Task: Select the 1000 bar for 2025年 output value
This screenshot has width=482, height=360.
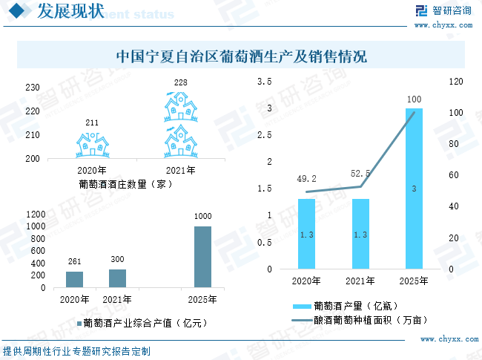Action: (202, 257)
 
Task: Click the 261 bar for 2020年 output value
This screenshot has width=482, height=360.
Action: (74, 279)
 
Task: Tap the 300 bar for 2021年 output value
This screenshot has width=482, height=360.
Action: (117, 278)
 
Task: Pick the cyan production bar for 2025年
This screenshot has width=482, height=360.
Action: (414, 189)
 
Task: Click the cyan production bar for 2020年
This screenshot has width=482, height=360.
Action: (306, 234)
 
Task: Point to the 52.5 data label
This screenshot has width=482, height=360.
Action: (361, 173)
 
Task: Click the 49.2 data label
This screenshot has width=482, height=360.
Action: (306, 179)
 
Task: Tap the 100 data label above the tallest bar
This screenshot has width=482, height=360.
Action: (415, 99)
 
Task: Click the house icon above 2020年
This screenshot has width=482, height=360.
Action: (93, 145)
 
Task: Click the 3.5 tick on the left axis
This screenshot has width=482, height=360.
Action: (265, 81)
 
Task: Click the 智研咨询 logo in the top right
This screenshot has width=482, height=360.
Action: (443, 12)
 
